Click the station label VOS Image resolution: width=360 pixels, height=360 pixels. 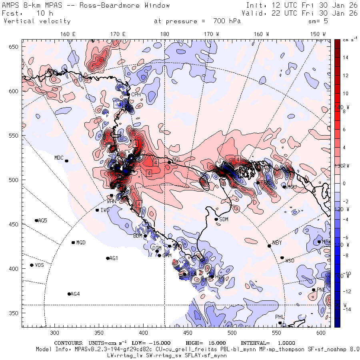pos(39,265)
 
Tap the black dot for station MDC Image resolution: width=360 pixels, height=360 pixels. pos(67,161)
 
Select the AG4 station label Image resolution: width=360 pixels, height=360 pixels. pos(75,294)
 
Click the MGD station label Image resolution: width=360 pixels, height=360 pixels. pos(81,243)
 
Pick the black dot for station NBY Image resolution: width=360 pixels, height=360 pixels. pos(269,246)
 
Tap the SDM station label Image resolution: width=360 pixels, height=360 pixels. pos(224,219)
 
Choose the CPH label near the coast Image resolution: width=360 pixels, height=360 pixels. pos(136,94)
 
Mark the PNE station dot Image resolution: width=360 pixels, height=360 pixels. pos(314,290)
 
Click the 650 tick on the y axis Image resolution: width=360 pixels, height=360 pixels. pos(14,47)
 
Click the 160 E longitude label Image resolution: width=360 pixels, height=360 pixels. pos(68,34)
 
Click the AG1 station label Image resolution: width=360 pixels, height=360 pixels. pos(114,258)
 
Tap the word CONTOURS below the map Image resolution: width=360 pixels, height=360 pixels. pos(68,343)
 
